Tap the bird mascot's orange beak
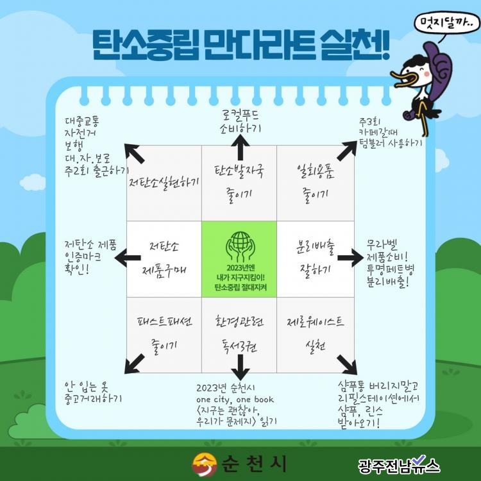tap(403, 80)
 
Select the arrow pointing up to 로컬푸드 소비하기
tap(240, 148)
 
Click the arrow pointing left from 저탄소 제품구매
tap(128, 258)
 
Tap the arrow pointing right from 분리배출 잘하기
tap(350, 258)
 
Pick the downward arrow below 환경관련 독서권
tap(240, 367)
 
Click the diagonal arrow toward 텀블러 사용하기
tap(347, 151)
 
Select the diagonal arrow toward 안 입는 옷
tap(135, 364)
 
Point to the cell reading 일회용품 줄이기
tap(316, 183)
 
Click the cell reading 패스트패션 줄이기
tap(164, 335)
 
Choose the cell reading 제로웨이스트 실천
tap(316, 335)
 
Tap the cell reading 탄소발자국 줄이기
tap(239, 183)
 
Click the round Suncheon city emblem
tap(205, 464)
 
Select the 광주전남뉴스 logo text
tap(399, 466)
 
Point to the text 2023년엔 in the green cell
tap(240, 268)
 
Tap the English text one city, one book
tap(235, 400)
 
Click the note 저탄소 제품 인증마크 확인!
tap(91, 257)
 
